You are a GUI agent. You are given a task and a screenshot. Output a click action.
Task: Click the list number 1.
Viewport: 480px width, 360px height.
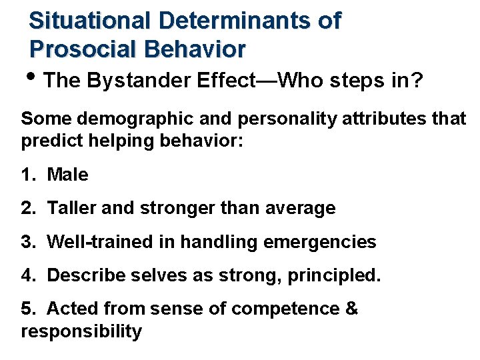coord(27,175)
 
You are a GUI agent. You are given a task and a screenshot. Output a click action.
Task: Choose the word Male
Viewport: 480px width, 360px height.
coord(67,175)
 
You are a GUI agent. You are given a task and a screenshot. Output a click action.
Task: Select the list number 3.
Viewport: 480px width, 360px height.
coord(27,241)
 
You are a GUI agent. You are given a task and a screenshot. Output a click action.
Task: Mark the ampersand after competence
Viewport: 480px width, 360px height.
coord(351,309)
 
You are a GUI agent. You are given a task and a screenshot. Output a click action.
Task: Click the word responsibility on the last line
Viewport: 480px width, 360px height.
coord(81,331)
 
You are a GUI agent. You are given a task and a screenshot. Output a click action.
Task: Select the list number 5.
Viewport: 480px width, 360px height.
coord(27,309)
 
